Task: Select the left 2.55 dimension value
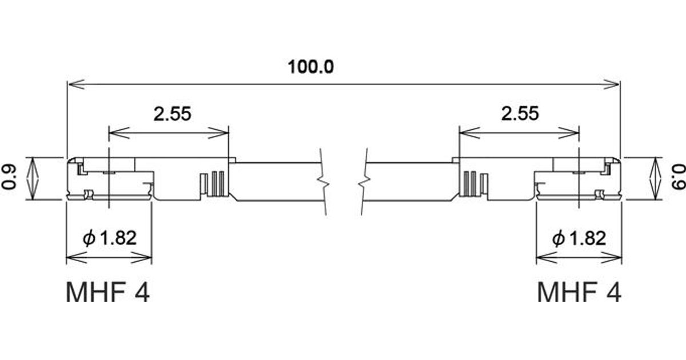[x=171, y=114]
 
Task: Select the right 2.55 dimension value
[x=520, y=113]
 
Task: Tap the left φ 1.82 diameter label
[x=110, y=238]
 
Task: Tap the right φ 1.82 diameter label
[x=579, y=238]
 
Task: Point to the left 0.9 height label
[x=10, y=178]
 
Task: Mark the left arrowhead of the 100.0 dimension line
[x=74, y=85]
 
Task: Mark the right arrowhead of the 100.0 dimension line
[x=613, y=85]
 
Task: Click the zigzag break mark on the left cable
[x=324, y=183]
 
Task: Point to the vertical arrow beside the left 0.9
[x=34, y=178]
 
